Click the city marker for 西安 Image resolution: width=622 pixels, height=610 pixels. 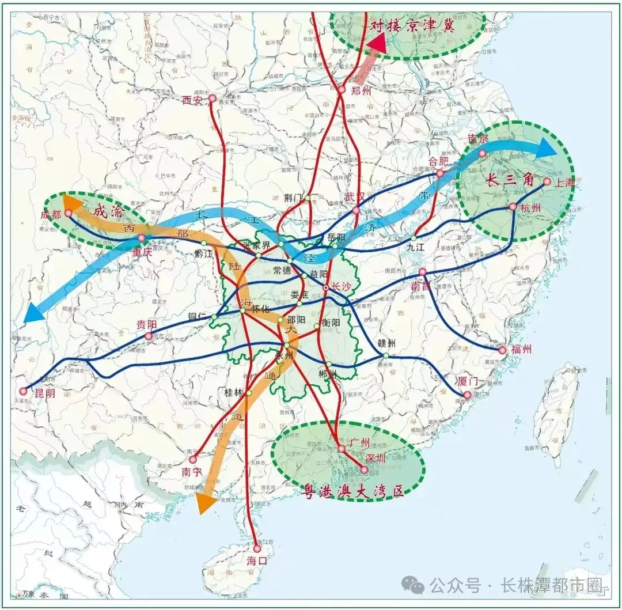coord(212,98)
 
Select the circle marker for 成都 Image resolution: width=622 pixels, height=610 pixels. coord(68,213)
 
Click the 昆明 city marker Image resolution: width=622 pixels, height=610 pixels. coord(23,391)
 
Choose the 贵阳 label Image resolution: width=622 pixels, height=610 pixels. coord(146,324)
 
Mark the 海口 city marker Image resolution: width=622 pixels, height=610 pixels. coord(257,548)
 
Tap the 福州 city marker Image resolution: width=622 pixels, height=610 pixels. coord(502,350)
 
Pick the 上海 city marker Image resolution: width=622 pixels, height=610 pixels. coord(547,181)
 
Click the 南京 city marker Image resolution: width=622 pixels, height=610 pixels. coord(482,153)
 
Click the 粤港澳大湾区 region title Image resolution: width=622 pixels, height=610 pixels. coord(352,491)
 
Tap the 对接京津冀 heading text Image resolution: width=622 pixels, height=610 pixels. coord(412,25)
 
